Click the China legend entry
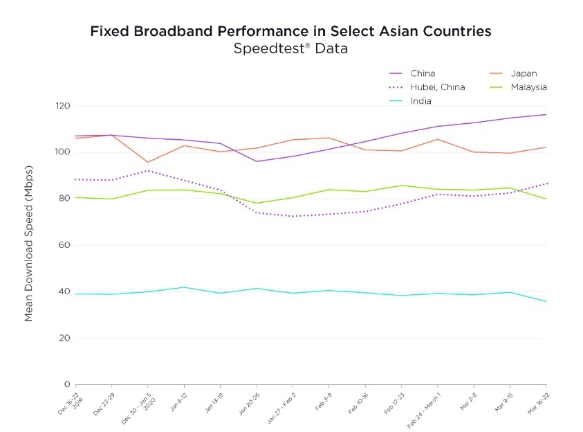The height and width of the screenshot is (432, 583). click(x=422, y=73)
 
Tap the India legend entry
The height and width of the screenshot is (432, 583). click(x=420, y=101)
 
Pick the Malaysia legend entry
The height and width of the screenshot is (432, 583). click(x=529, y=87)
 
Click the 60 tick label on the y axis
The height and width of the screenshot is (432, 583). click(x=65, y=245)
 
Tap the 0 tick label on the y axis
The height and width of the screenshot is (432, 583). click(x=68, y=384)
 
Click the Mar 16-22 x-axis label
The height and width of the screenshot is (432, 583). click(x=537, y=403)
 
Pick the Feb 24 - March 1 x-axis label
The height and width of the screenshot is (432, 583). click(x=423, y=408)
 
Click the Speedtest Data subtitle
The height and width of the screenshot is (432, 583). click(x=290, y=48)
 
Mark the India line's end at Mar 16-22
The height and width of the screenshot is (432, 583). click(x=546, y=301)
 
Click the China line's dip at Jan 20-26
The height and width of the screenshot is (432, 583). click(x=257, y=161)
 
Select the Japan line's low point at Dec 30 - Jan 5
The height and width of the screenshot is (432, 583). click(x=148, y=162)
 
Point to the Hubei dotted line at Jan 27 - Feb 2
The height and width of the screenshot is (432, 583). click(x=293, y=216)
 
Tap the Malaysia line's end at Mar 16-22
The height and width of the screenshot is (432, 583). click(x=546, y=199)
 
